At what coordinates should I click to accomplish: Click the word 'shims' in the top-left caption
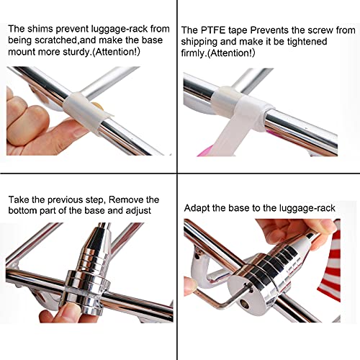click(38, 30)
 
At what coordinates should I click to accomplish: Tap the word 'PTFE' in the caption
click(210, 30)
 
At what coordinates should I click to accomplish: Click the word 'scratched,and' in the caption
click(66, 42)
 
